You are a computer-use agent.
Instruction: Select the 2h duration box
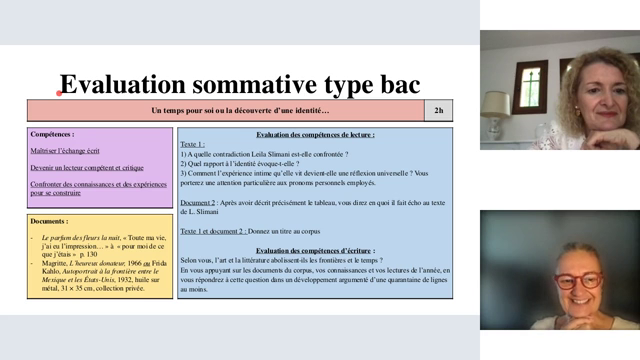pyautogui.click(x=439, y=110)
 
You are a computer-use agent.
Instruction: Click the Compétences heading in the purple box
pyautogui.click(x=52, y=133)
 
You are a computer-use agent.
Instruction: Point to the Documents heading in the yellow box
pyautogui.click(x=50, y=220)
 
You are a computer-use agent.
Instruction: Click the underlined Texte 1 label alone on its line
pyautogui.click(x=193, y=144)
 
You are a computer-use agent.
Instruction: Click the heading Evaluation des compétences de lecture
pyautogui.click(x=315, y=134)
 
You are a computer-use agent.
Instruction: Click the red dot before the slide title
pyautogui.click(x=59, y=93)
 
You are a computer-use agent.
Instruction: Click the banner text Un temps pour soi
pyautogui.click(x=190, y=110)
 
